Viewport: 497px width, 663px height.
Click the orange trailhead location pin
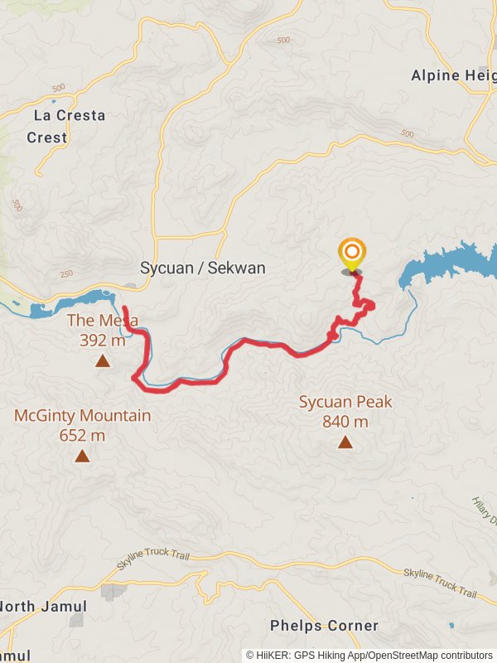pos(352,253)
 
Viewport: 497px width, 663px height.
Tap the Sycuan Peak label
pos(345,403)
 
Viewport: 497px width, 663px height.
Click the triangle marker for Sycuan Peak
pos(345,443)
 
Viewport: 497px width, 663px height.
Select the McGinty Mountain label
pos(82,416)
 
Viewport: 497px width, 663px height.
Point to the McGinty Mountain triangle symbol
pos(82,456)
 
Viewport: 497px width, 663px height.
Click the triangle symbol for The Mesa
pos(102,360)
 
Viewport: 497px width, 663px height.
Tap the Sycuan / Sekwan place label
pos(203,269)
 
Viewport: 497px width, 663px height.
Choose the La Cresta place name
pos(70,116)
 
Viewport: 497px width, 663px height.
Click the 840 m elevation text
pos(345,422)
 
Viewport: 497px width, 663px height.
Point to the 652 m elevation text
pos(82,435)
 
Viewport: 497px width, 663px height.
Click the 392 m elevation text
pos(103,340)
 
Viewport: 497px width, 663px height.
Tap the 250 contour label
pos(68,274)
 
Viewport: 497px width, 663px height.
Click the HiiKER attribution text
pos(369,655)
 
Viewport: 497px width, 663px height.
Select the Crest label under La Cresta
pos(46,138)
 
